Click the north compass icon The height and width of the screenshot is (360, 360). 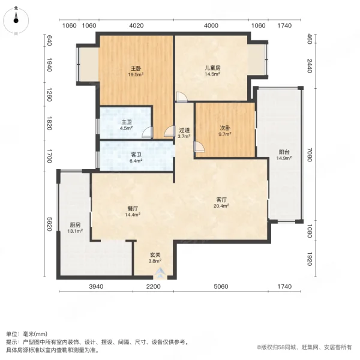click(x=16, y=20)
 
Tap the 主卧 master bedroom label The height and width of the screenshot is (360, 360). click(x=136, y=68)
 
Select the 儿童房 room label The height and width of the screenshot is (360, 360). click(x=212, y=68)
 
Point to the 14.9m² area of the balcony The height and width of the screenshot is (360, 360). click(x=284, y=158)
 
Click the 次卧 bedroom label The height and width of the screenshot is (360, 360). click(x=225, y=128)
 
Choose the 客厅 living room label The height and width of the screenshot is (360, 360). click(x=221, y=199)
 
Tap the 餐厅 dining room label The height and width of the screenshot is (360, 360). click(x=133, y=208)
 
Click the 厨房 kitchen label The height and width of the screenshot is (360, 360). click(x=75, y=225)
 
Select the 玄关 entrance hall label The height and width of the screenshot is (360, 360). click(x=155, y=254)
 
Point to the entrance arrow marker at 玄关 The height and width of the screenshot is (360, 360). click(x=160, y=273)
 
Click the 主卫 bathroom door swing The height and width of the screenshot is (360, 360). click(x=147, y=132)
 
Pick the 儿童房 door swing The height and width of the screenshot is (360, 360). click(x=182, y=97)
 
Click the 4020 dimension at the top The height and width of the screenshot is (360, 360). click(x=136, y=25)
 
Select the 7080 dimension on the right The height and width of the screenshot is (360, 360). click(x=310, y=155)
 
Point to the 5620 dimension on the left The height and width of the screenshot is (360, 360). click(x=49, y=224)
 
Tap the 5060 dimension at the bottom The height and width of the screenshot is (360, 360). click(x=221, y=287)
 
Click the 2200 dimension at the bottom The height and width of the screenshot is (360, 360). click(x=153, y=287)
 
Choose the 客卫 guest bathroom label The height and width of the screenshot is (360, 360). click(x=136, y=155)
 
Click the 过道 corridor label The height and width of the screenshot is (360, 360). click(x=184, y=130)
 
